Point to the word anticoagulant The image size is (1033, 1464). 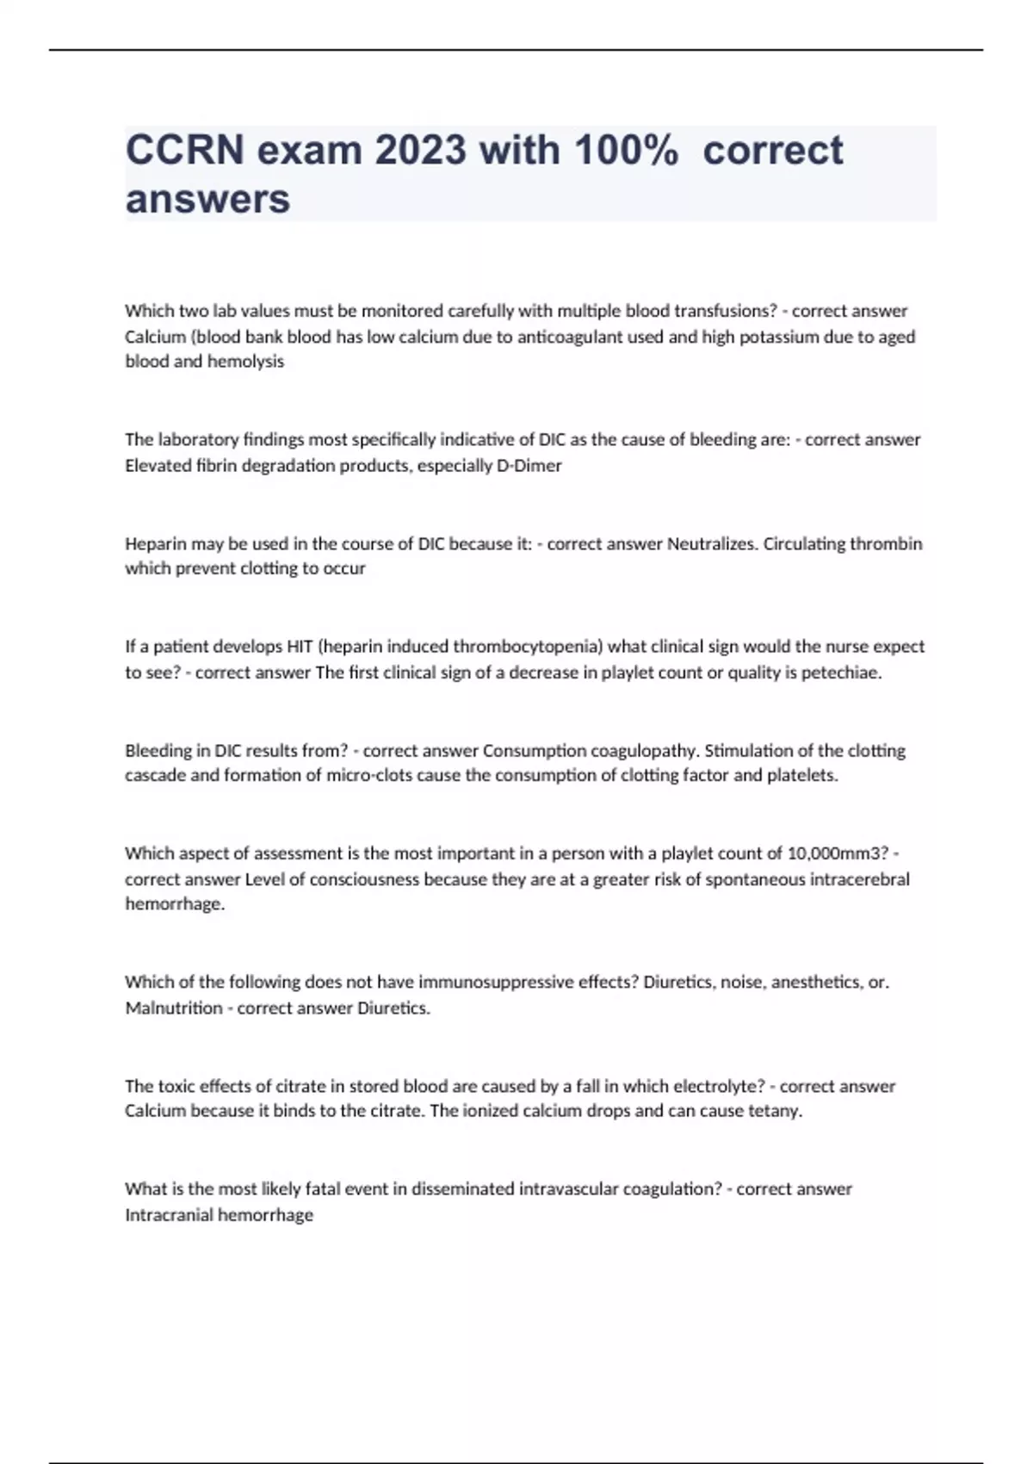[x=569, y=337]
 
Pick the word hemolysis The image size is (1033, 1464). [x=245, y=362]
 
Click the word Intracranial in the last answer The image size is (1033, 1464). [x=169, y=1215]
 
